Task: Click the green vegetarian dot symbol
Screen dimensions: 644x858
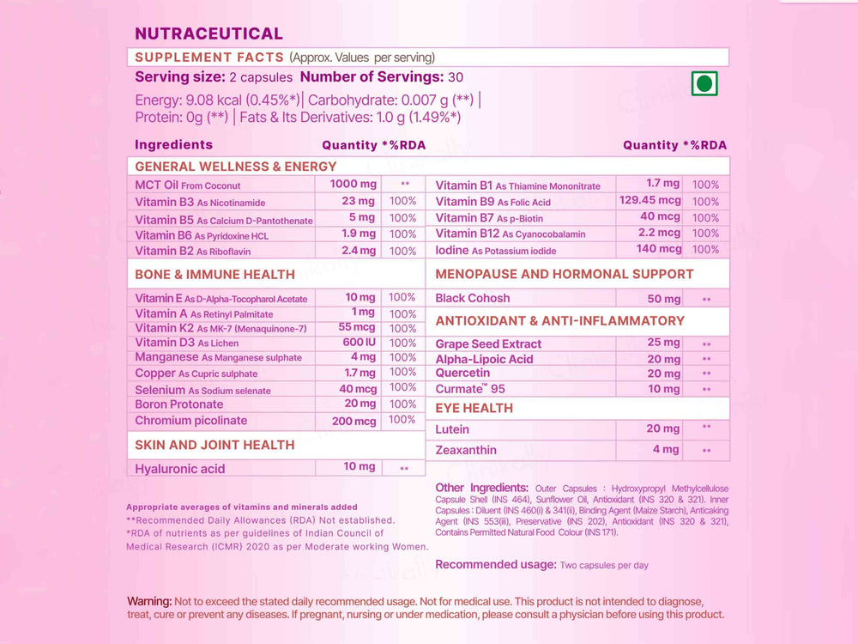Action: [704, 83]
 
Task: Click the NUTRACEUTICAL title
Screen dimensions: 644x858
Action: [208, 33]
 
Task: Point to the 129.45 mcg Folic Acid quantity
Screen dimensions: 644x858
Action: [650, 201]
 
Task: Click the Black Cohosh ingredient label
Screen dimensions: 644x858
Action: [472, 299]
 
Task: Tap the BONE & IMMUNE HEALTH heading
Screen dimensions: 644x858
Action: [214, 275]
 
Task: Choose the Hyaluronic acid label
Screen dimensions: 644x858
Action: [180, 468]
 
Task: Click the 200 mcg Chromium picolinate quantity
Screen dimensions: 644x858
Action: [353, 421]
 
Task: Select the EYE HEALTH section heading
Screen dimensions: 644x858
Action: [474, 408]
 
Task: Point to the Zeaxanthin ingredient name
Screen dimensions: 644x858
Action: [466, 450]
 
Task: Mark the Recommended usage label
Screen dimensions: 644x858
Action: [496, 564]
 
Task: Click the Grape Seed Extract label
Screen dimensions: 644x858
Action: [488, 344]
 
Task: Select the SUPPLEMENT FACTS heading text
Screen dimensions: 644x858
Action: [209, 58]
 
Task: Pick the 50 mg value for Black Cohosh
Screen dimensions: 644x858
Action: [664, 299]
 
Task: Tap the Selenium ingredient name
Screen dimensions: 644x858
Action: [160, 390]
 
